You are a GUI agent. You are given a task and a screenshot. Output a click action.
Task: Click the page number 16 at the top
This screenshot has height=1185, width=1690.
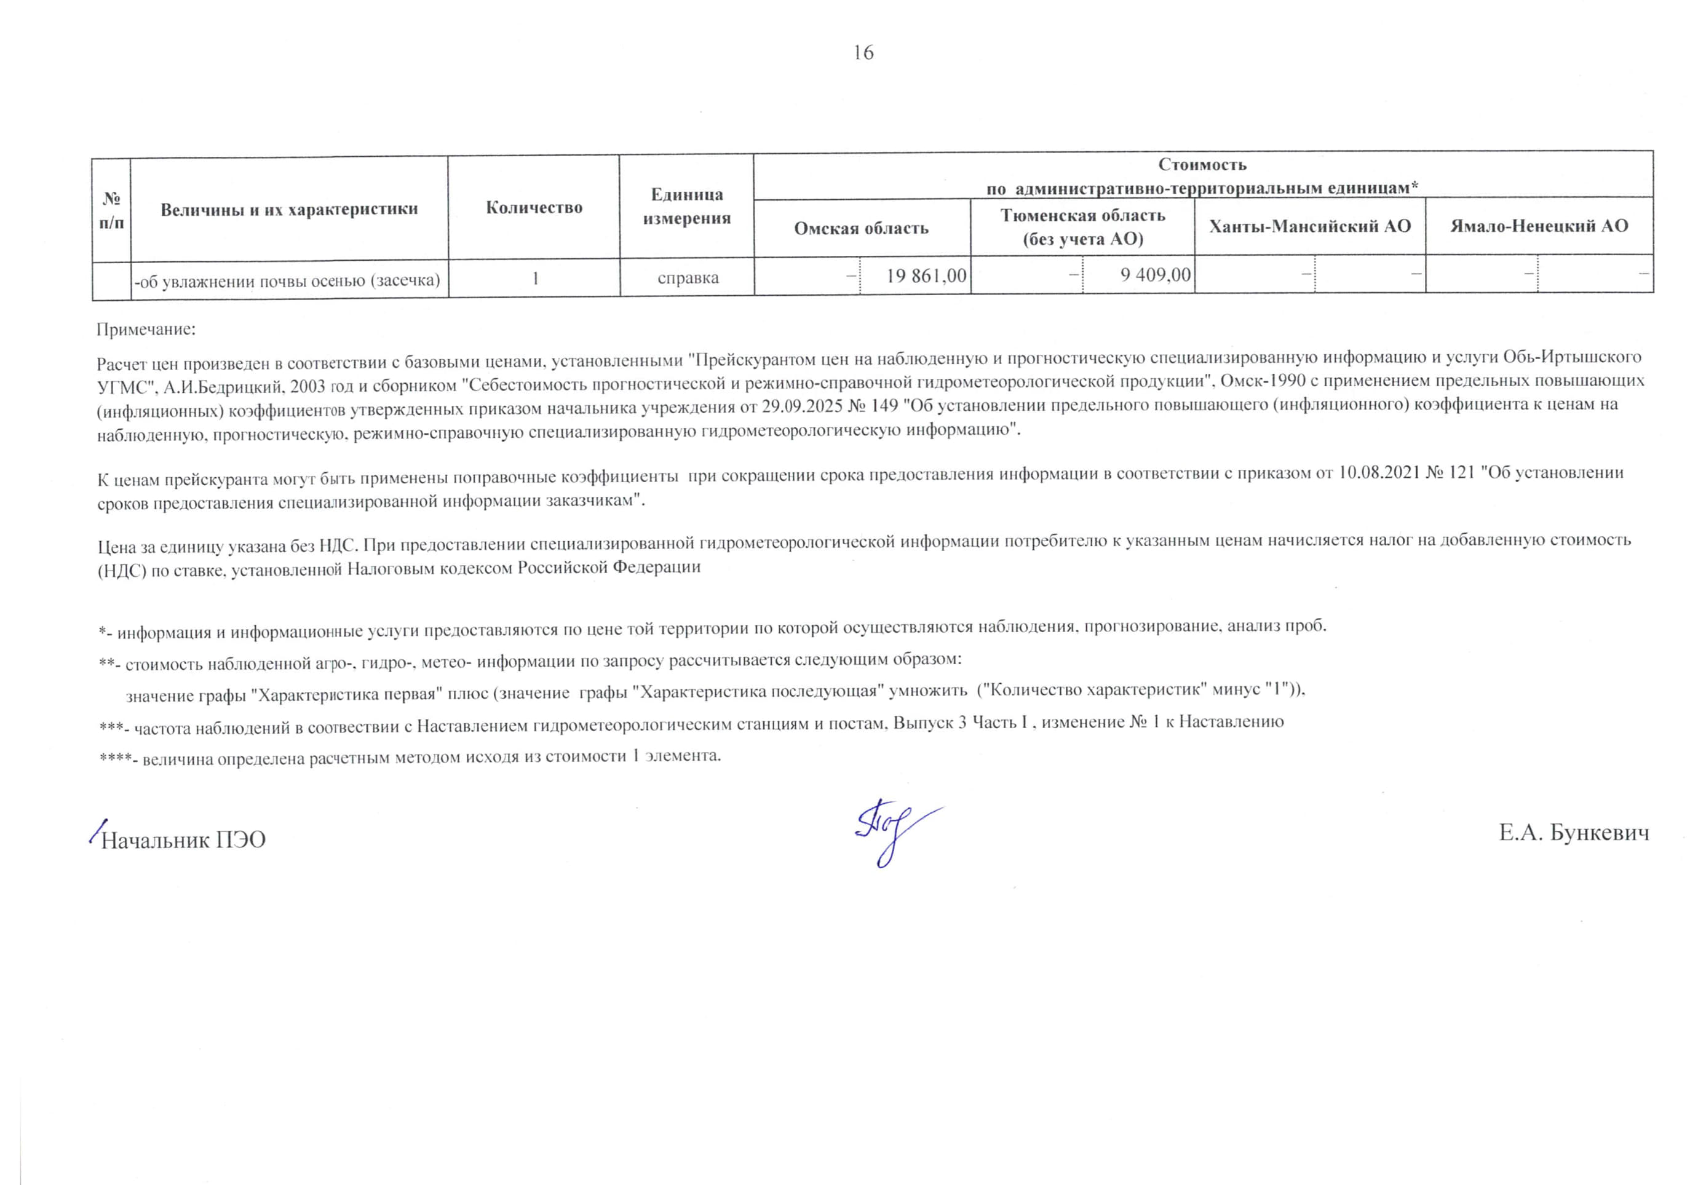point(863,52)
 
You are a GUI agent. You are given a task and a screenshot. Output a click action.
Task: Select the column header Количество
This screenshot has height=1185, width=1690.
point(534,208)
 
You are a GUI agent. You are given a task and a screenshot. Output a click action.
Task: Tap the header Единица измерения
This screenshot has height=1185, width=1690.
point(687,206)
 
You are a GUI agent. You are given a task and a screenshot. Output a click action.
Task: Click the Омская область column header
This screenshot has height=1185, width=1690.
point(861,228)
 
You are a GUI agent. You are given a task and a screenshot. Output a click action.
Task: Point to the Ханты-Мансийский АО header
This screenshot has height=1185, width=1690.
point(1309,226)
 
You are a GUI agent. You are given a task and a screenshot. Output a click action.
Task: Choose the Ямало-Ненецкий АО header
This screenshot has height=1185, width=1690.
point(1539,226)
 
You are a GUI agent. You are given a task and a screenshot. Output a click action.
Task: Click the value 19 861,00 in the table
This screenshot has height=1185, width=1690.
point(926,276)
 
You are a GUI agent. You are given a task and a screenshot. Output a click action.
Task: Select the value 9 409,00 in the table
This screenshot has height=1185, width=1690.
point(1155,275)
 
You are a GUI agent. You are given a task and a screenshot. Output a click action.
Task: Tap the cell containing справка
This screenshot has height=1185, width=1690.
point(688,278)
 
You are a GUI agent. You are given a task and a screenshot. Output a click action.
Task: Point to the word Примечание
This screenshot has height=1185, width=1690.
point(146,329)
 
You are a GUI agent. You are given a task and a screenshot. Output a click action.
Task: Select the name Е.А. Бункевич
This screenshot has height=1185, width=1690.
point(1574,833)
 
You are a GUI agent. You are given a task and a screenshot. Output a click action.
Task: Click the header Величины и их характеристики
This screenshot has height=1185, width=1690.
point(288,209)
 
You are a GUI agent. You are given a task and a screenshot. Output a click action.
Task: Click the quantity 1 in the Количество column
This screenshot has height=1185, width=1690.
point(535,278)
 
